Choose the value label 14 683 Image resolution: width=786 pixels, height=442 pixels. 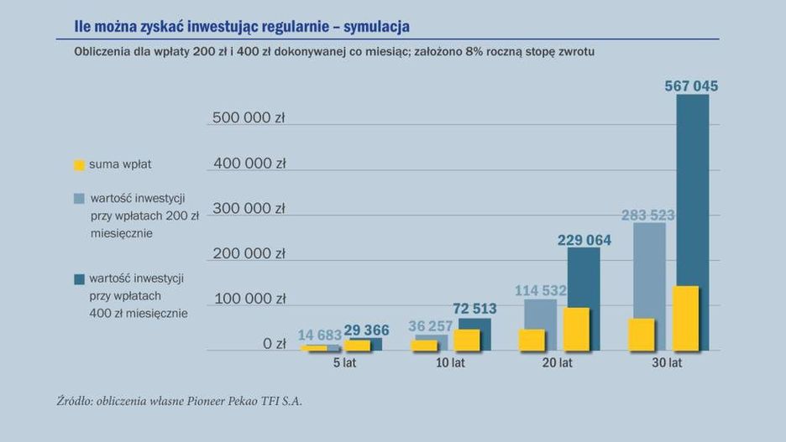click(x=320, y=335)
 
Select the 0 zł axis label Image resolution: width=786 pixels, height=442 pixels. click(x=274, y=343)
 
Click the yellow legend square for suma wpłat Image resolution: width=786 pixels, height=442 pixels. click(x=79, y=165)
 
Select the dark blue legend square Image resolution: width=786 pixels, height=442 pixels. click(x=79, y=278)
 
